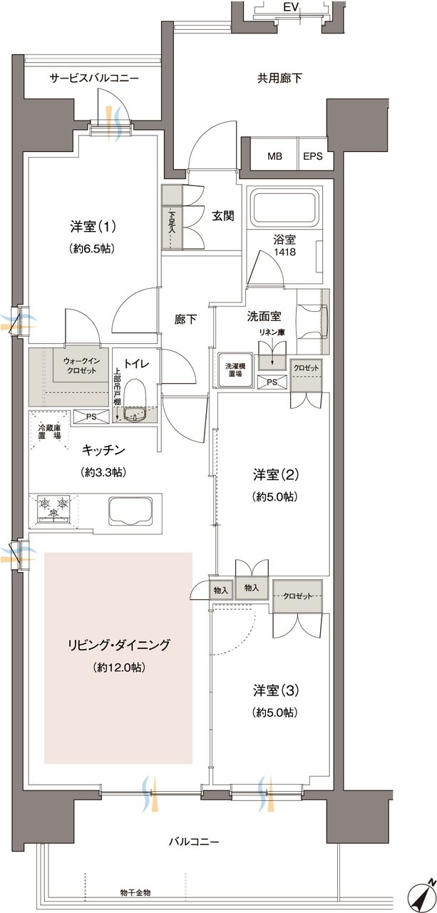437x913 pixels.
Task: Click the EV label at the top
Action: [289, 7]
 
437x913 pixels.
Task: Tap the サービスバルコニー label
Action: [93, 78]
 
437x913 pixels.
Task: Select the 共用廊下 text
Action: [279, 78]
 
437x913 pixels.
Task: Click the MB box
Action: [274, 156]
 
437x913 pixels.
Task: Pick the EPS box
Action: [313, 156]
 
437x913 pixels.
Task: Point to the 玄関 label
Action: [223, 215]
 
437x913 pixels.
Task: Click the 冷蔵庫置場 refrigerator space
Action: [51, 432]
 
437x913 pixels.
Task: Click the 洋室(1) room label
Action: [93, 227]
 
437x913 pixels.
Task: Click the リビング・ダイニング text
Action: [118, 646]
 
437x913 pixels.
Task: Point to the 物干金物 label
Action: [135, 892]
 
